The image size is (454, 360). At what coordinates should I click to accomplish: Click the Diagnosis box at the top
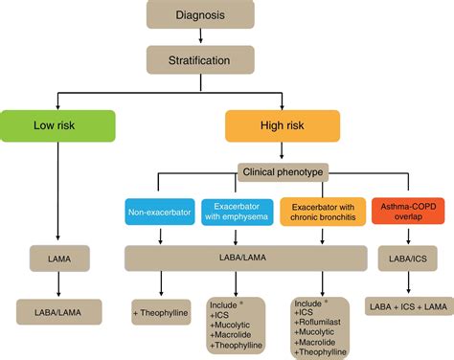pyautogui.click(x=200, y=15)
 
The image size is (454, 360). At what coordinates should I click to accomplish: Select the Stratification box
pyautogui.click(x=200, y=59)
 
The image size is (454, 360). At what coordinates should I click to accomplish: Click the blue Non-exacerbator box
pyautogui.click(x=159, y=211)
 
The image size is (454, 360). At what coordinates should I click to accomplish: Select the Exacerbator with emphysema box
pyautogui.click(x=238, y=211)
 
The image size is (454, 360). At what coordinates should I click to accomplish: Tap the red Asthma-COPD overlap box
pyautogui.click(x=400, y=211)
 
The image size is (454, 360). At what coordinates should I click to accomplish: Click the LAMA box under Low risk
pyautogui.click(x=57, y=259)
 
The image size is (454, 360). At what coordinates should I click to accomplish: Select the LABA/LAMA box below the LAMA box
pyautogui.click(x=57, y=309)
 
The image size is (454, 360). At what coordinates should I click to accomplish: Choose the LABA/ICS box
pyautogui.click(x=400, y=259)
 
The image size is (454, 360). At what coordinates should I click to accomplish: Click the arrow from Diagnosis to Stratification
pyautogui.click(x=200, y=37)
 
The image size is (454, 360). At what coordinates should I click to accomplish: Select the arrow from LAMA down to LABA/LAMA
pyautogui.click(x=57, y=284)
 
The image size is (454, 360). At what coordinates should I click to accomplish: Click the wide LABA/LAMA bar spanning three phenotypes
pyautogui.click(x=246, y=259)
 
